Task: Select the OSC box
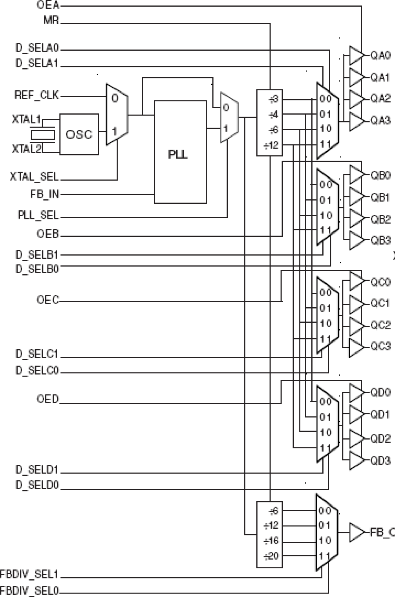[79, 134]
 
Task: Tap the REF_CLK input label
[37, 95]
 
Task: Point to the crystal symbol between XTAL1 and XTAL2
[43, 135]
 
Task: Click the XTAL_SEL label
[34, 177]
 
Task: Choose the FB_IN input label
[45, 194]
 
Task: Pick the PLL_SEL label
[38, 216]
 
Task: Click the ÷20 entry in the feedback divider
[271, 556]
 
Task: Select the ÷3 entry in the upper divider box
[274, 99]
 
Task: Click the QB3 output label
[380, 240]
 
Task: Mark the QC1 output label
[380, 303]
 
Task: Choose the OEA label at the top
[48, 5]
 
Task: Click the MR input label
[51, 21]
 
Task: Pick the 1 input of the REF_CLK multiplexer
[115, 131]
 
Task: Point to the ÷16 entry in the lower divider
[271, 541]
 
